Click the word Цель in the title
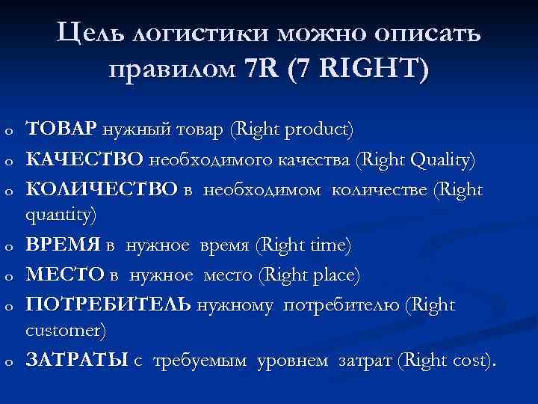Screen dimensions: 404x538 89,34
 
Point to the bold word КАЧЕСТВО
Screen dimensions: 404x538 85,159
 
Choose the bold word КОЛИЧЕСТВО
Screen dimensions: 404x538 101,190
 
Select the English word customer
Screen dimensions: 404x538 65,330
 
